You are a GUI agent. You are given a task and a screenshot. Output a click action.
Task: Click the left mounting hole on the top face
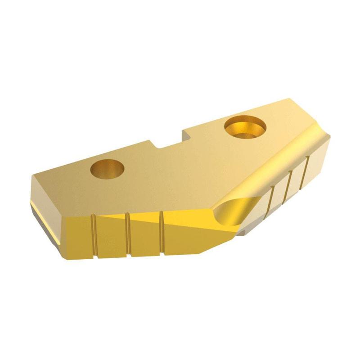pos(107,168)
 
